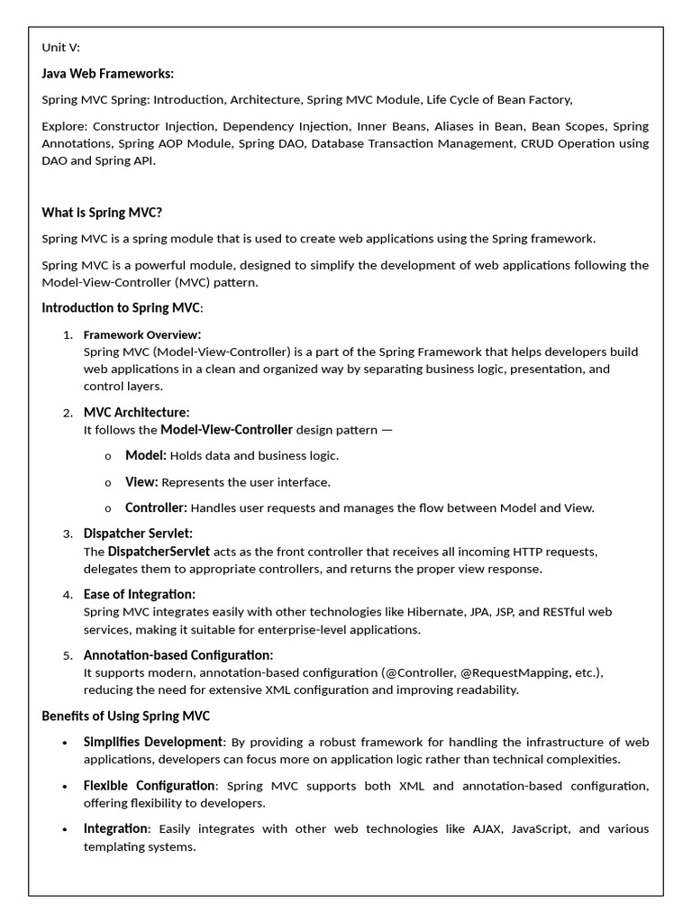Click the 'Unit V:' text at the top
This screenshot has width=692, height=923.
[x=60, y=48]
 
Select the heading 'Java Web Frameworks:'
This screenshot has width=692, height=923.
[x=107, y=74]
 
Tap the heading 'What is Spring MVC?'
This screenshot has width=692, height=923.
[x=102, y=213]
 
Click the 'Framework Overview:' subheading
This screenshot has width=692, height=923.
[x=142, y=334]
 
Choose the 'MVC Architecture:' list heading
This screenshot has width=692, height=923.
[x=136, y=412]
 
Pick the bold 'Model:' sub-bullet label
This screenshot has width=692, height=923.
[x=145, y=455]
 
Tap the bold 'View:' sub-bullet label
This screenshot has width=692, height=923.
[x=141, y=481]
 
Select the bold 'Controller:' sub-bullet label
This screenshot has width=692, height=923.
[x=156, y=507]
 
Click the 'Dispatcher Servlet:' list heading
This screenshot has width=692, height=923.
[x=138, y=534]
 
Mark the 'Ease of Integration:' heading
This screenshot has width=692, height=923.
[x=139, y=594]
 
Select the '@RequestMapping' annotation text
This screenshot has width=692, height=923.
[x=513, y=672]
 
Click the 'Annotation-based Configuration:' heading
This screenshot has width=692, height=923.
[x=178, y=654]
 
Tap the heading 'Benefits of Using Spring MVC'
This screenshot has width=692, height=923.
[x=125, y=716]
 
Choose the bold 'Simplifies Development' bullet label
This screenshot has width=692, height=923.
[x=152, y=742]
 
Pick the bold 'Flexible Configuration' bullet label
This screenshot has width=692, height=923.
[x=150, y=785]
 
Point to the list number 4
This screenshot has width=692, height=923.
[x=68, y=595]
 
